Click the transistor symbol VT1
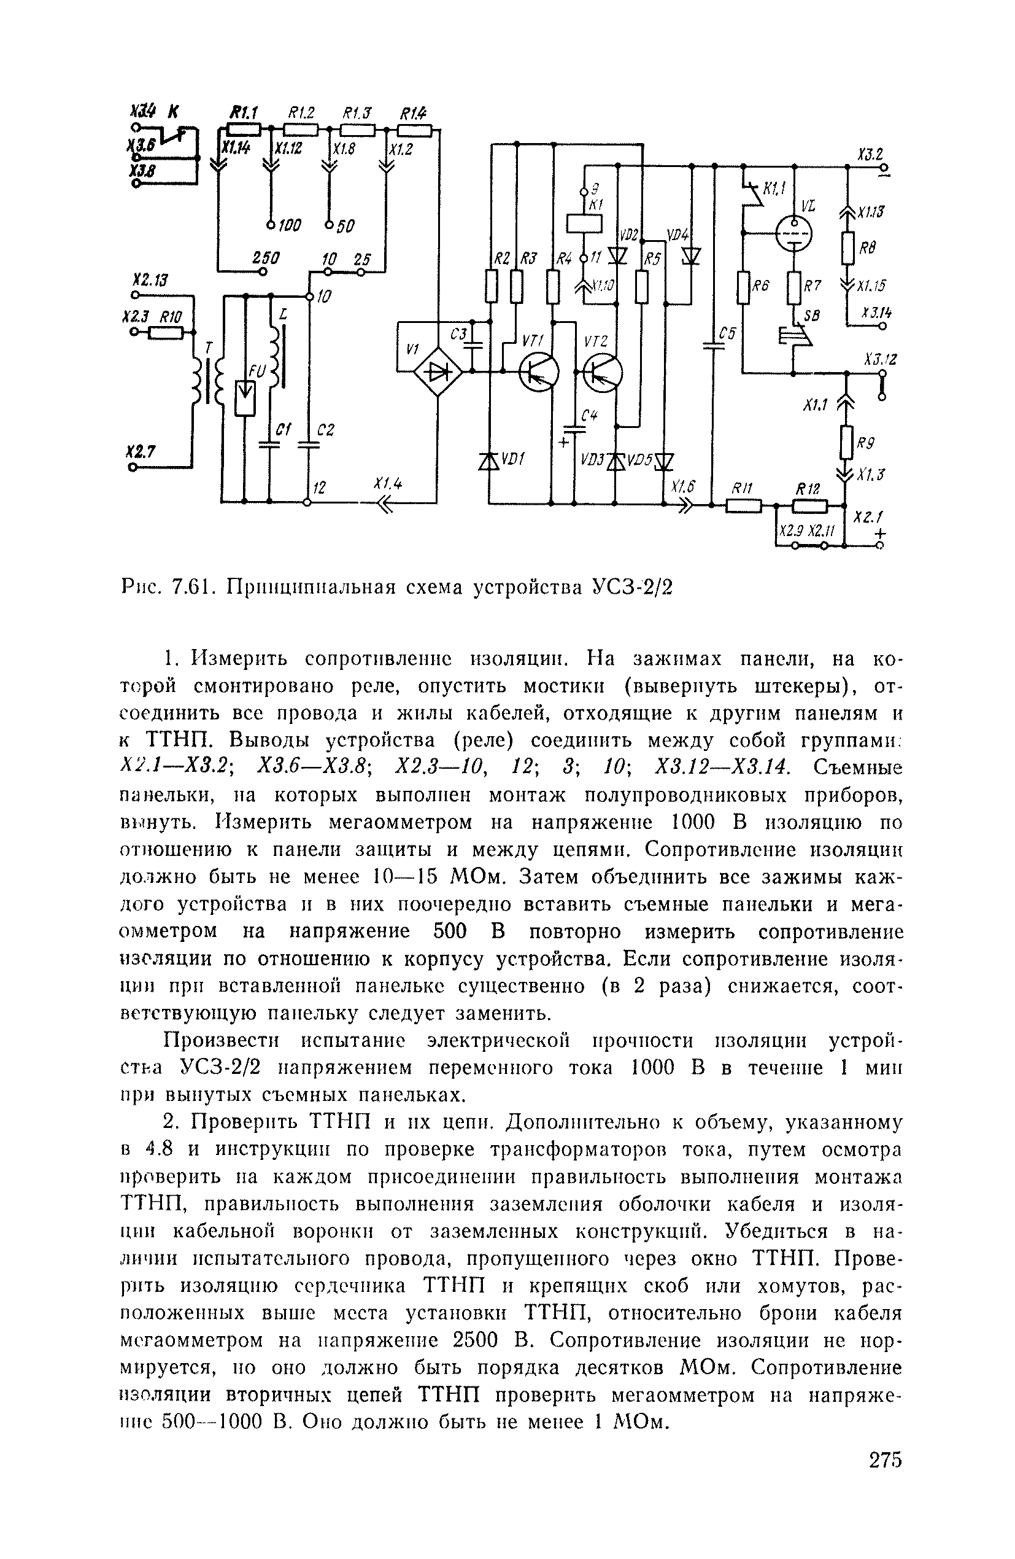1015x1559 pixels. pyautogui.click(x=538, y=372)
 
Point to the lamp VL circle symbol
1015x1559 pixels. pyautogui.click(x=793, y=233)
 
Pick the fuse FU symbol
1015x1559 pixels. pyautogui.click(x=245, y=398)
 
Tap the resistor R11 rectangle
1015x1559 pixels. pyautogui.click(x=744, y=506)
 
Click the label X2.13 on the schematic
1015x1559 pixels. pyautogui.click(x=149, y=281)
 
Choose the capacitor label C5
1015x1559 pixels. pyautogui.click(x=727, y=333)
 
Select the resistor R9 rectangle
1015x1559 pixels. pyautogui.click(x=847, y=442)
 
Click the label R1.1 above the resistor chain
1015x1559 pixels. pyautogui.click(x=242, y=112)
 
